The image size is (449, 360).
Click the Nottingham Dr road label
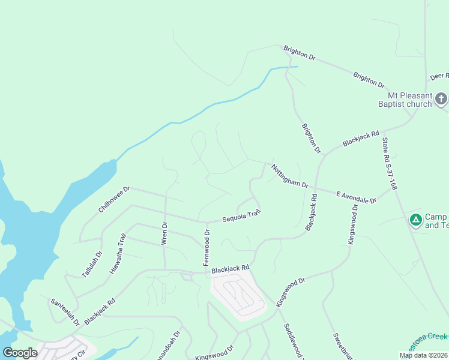289,176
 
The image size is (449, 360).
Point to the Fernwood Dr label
206,248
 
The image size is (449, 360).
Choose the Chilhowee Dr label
114,200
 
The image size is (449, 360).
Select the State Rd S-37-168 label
390,164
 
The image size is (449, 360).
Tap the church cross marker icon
441,98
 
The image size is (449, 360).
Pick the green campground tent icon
415,220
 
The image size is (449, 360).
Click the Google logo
20,352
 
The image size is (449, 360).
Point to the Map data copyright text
423,355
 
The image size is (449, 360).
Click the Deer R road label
439,76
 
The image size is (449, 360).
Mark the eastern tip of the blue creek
297,67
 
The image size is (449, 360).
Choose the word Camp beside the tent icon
437,217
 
